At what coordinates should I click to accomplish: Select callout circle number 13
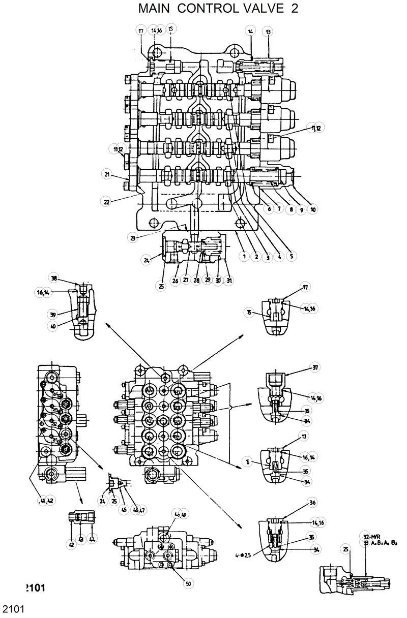[x=268, y=32]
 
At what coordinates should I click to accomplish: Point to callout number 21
[x=107, y=175]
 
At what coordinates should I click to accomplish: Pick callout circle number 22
[x=107, y=202]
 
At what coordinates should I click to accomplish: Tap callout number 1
[x=244, y=257]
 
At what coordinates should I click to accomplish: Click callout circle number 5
[x=292, y=257]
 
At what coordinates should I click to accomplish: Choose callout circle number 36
[x=312, y=503]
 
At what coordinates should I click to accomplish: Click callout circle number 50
[x=188, y=584]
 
